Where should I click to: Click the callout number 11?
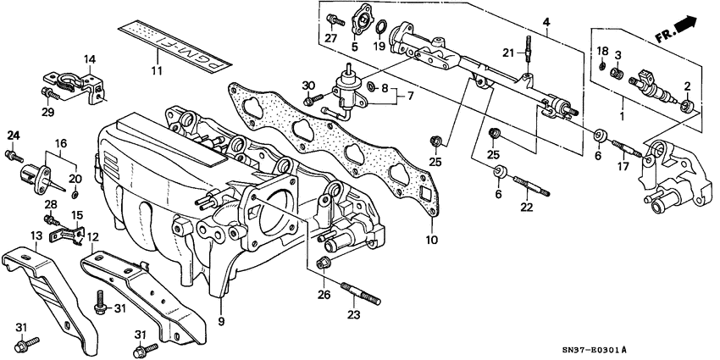[x=154, y=70]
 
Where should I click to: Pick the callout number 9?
[x=221, y=321]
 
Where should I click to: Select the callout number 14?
[x=91, y=58]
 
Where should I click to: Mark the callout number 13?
[x=36, y=235]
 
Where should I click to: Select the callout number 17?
[x=624, y=168]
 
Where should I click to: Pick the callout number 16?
[x=61, y=144]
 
